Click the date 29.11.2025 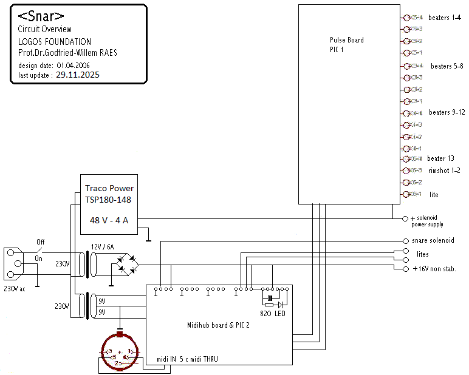click(78, 75)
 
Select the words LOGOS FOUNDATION click(55, 42)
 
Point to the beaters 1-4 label click(444, 17)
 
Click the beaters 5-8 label click(447, 66)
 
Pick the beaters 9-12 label click(447, 112)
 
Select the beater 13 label click(441, 158)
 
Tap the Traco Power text click(109, 188)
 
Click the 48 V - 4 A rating click(109, 220)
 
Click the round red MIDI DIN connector click(120, 353)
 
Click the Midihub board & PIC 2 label click(220, 326)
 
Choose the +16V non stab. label click(434, 268)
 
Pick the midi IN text click(166, 359)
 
